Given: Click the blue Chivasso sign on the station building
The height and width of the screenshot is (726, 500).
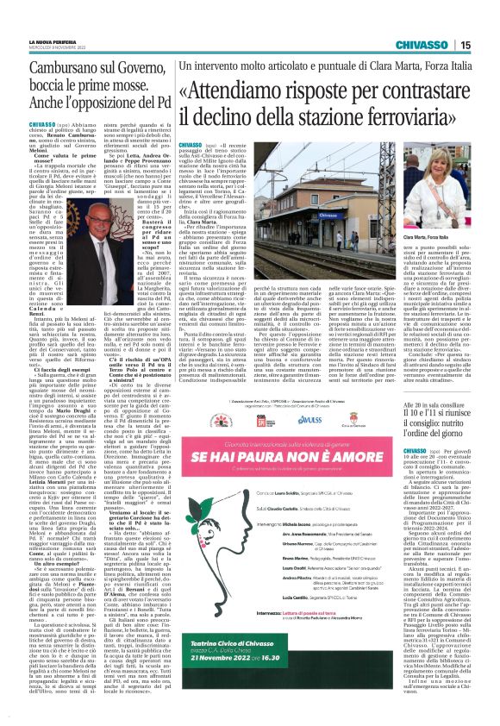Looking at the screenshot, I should tap(270, 165).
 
